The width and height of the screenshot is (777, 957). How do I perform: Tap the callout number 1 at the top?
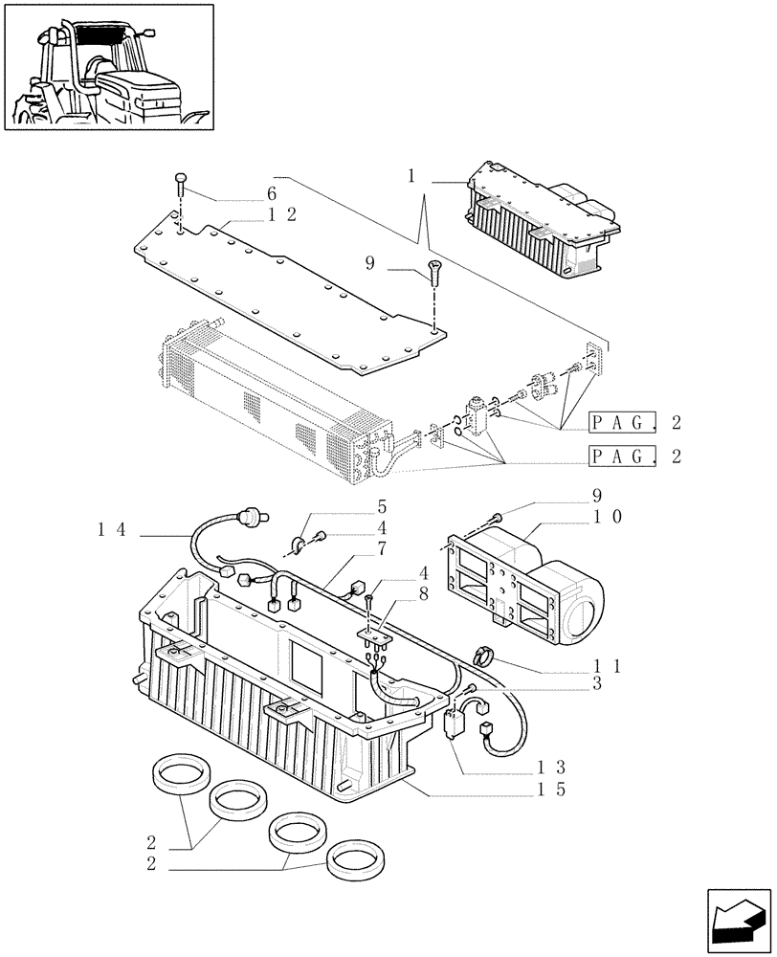tap(411, 177)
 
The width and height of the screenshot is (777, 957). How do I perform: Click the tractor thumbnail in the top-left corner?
tap(108, 67)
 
